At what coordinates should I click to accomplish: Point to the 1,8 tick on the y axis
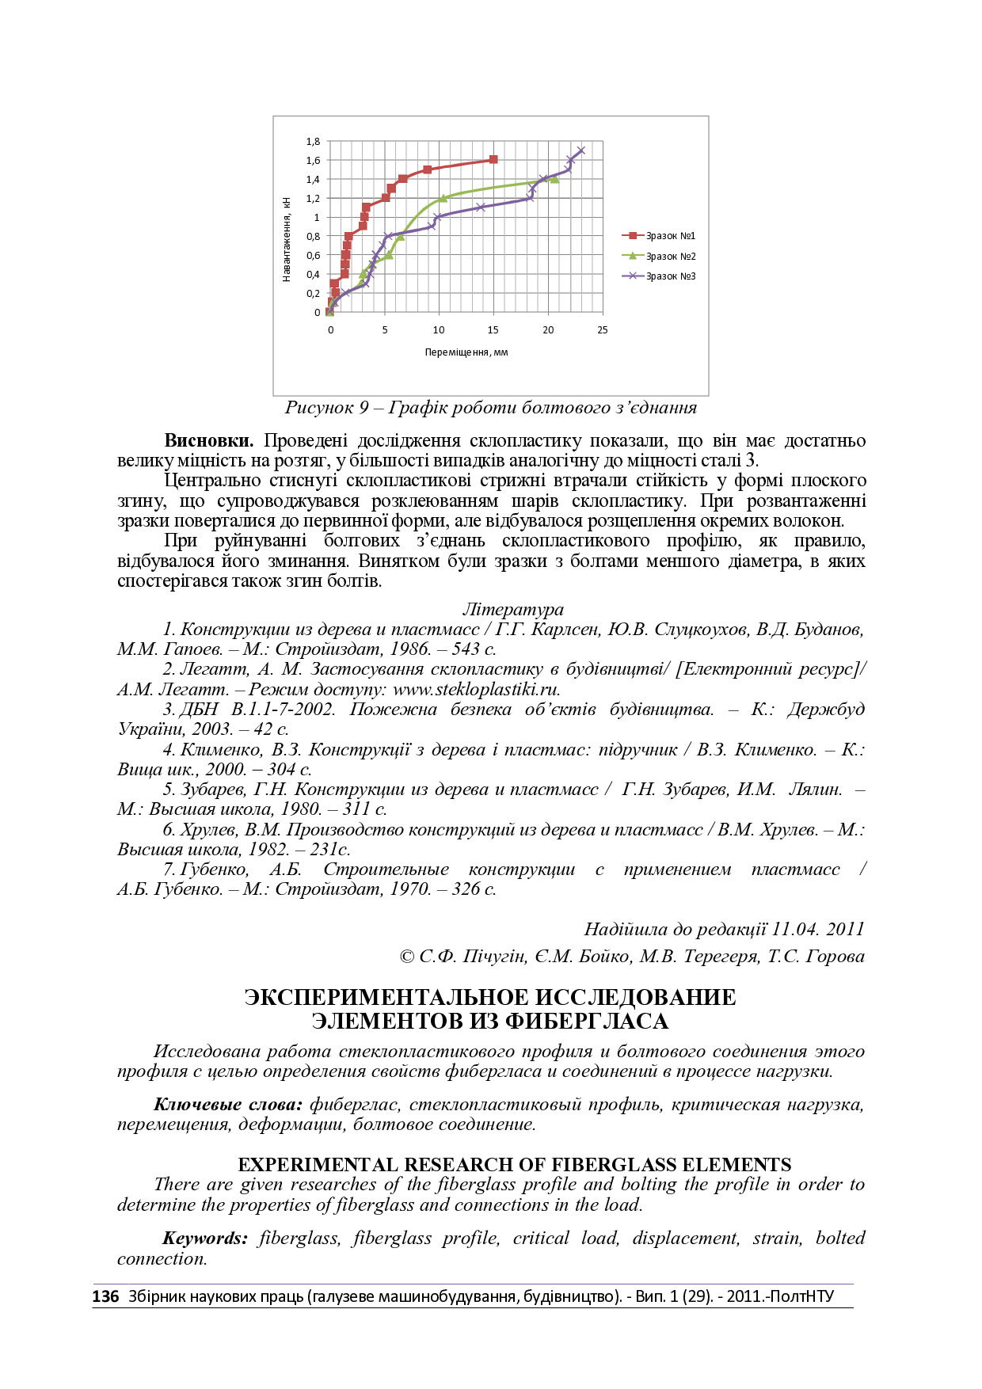(x=313, y=142)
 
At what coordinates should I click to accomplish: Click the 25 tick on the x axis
(x=602, y=329)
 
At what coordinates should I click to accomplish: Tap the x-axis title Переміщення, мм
(x=466, y=352)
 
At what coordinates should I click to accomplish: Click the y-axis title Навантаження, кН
(x=287, y=239)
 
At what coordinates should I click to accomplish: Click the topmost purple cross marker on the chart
(x=581, y=150)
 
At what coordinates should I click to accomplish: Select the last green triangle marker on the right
(x=554, y=180)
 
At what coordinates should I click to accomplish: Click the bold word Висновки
(x=208, y=440)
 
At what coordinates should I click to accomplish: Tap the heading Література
(x=512, y=609)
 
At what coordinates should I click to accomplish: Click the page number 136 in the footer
(x=105, y=1296)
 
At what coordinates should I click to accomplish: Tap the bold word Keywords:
(x=205, y=1239)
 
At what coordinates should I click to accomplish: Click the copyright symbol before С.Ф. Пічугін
(x=407, y=957)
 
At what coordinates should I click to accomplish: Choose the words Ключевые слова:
(x=228, y=1104)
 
